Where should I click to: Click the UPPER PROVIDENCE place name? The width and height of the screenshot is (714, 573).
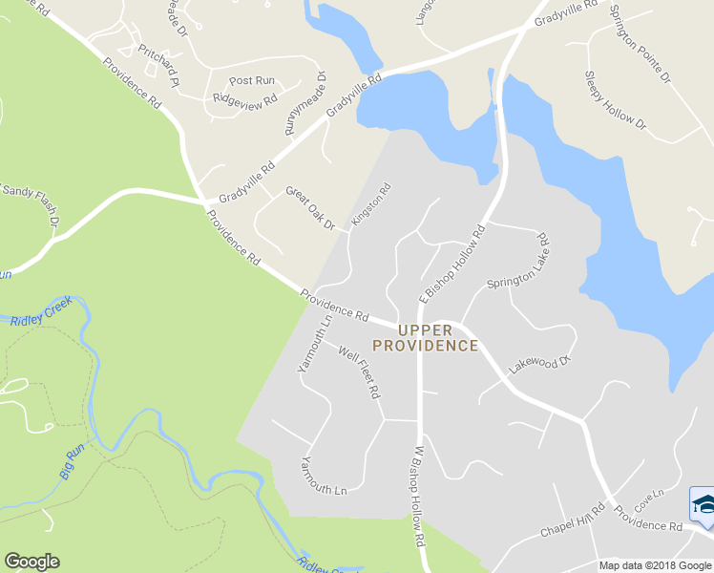point(425,338)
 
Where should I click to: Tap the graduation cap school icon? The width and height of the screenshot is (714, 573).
point(703,504)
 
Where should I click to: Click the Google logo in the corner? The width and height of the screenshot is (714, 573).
point(31,562)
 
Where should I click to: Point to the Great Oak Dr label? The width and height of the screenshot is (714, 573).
point(310,208)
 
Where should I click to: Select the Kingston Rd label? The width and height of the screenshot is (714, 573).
point(371,204)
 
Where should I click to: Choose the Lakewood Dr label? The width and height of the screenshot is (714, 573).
point(539,362)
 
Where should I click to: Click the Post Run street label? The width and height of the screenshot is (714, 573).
point(252,81)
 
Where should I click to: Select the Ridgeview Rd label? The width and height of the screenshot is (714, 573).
point(245,98)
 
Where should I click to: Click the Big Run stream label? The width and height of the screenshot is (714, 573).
point(71,463)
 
